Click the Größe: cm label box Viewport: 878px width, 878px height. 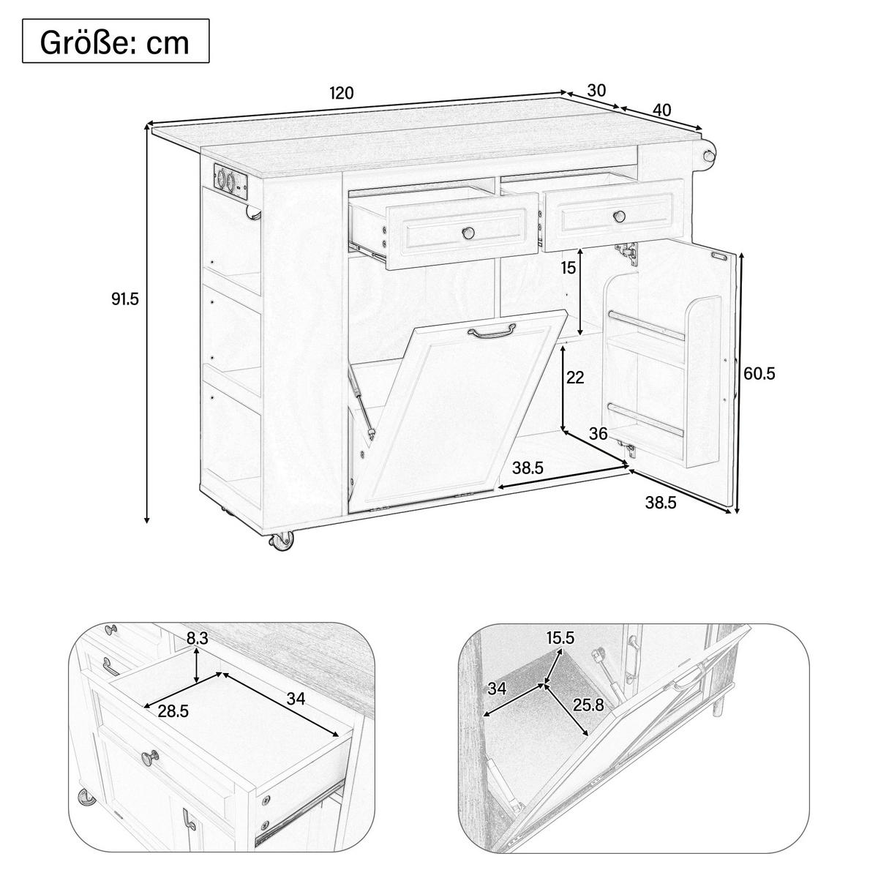(x=116, y=40)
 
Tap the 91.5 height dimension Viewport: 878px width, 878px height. (x=125, y=299)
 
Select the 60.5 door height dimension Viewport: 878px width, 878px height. (x=759, y=374)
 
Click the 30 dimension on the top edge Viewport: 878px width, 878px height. (x=596, y=91)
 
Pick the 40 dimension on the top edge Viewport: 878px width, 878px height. (x=662, y=110)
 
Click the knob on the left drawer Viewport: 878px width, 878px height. (x=467, y=233)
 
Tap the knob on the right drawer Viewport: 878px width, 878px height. (x=619, y=216)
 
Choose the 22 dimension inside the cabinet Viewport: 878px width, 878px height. (x=574, y=377)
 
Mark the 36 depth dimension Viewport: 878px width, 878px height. (x=599, y=433)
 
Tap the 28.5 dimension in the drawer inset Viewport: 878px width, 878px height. (x=173, y=710)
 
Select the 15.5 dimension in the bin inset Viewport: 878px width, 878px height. (x=560, y=638)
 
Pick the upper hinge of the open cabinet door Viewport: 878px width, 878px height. (x=626, y=252)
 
